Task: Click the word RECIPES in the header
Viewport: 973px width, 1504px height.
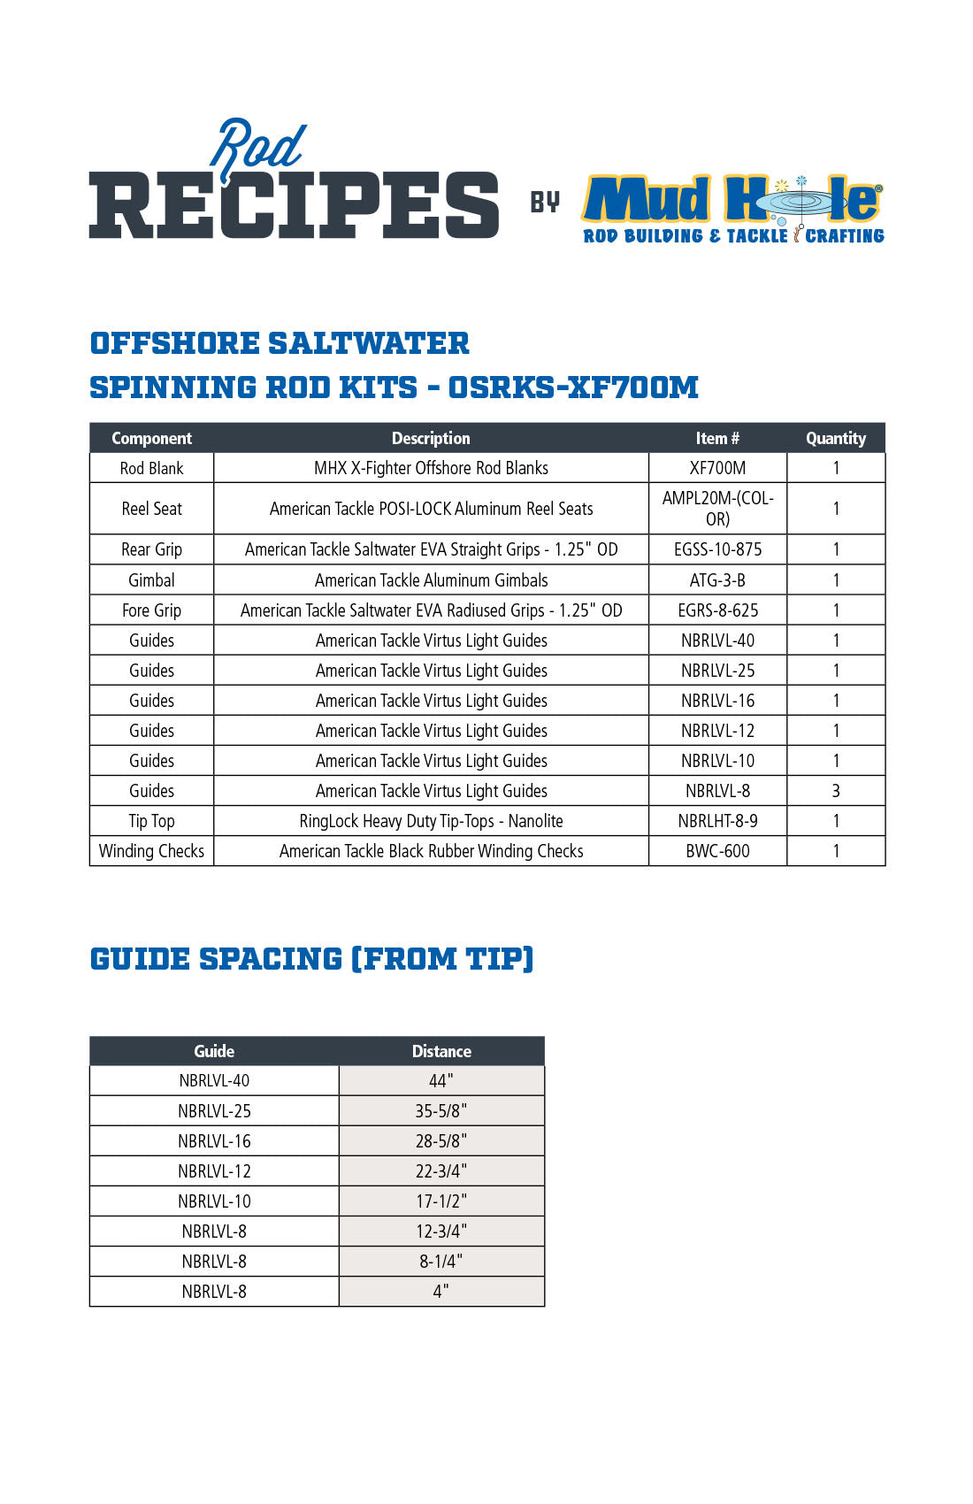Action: tap(294, 205)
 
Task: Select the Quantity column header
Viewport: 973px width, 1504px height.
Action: tap(836, 438)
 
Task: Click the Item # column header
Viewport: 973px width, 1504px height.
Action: tap(717, 438)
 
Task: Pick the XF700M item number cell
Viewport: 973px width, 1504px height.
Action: tap(717, 468)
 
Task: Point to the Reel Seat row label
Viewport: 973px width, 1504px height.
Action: tap(151, 509)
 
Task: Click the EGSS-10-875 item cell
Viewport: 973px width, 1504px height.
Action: tap(717, 549)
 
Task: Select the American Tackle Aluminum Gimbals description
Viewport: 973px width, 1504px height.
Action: tap(431, 580)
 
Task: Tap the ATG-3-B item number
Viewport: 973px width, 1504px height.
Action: tap(717, 580)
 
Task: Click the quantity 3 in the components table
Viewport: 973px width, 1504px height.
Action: tap(836, 791)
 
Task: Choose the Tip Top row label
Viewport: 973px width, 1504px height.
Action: tap(151, 821)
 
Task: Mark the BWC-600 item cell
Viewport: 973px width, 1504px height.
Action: tap(717, 851)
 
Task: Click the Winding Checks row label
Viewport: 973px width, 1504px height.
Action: tap(151, 851)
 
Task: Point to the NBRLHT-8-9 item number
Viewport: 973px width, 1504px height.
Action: tap(717, 821)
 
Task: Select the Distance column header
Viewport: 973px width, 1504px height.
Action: tap(441, 1051)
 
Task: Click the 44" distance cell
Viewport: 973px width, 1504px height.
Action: tap(441, 1080)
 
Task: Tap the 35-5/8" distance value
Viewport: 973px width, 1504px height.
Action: tap(441, 1110)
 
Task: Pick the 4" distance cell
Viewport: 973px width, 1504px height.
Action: tap(441, 1292)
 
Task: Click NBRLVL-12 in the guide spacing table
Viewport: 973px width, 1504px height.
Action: tap(214, 1171)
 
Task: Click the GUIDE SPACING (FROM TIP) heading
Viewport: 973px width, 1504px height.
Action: tap(312, 959)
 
